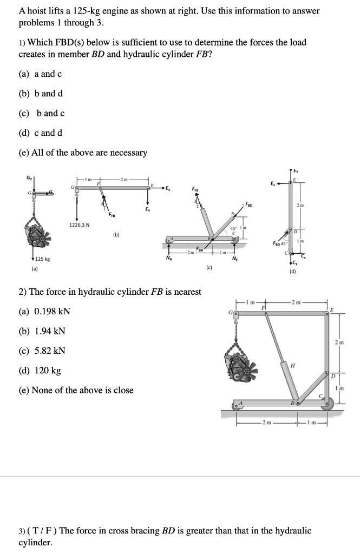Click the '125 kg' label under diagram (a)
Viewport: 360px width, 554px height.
tap(43, 260)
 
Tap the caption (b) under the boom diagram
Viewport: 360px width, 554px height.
tap(115, 235)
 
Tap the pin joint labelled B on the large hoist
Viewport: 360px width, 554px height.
tap(296, 403)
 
